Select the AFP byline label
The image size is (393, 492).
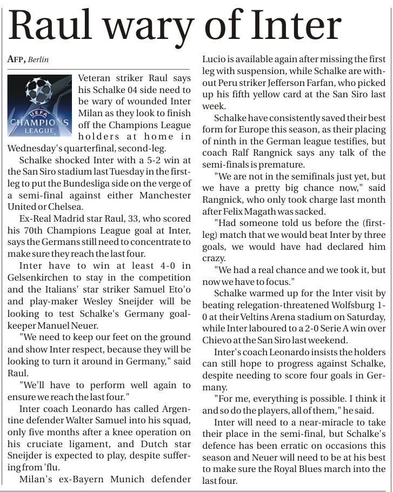click(16, 59)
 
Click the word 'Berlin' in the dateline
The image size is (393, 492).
click(38, 59)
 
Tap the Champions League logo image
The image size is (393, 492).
click(39, 105)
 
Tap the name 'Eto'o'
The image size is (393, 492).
click(177, 289)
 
